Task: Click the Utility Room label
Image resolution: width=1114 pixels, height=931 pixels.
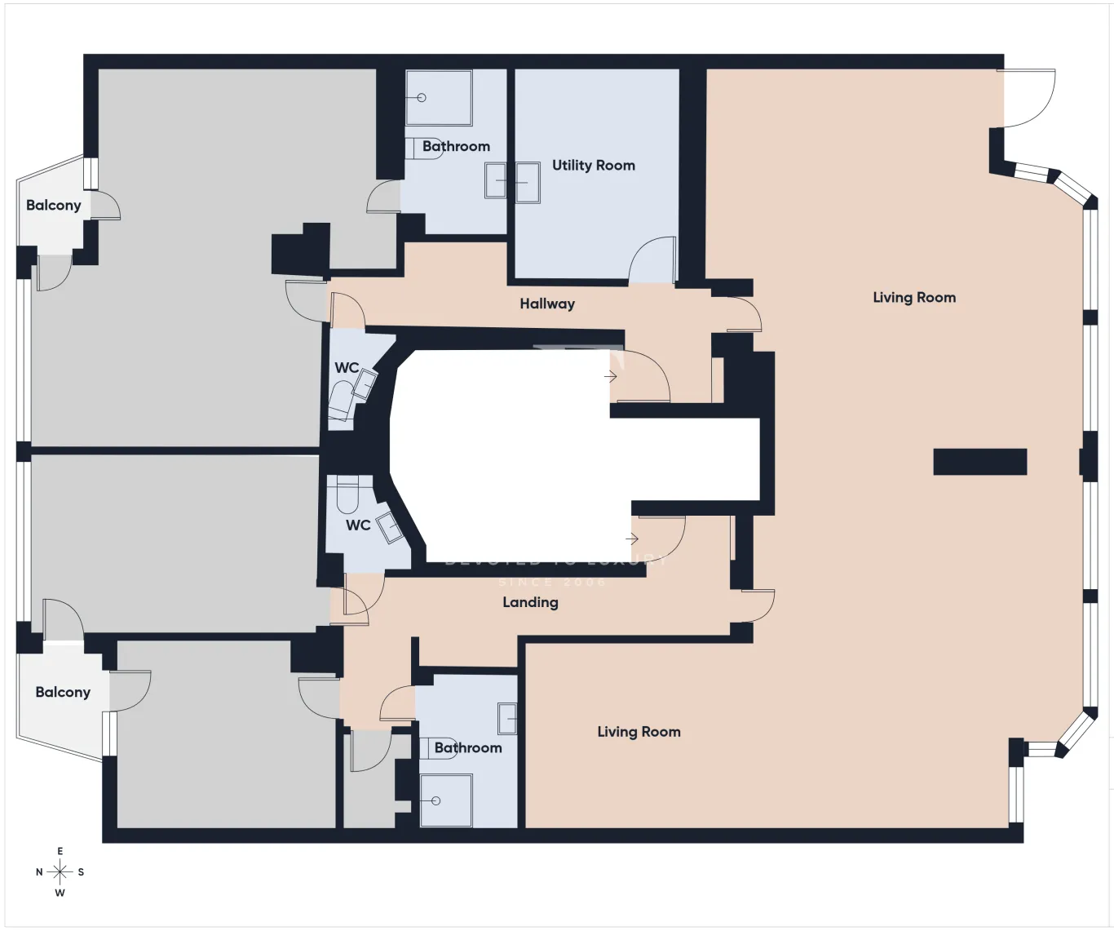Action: (x=593, y=166)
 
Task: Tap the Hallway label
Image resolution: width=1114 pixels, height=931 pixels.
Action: (x=547, y=304)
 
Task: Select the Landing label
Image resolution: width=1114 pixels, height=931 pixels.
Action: (x=530, y=602)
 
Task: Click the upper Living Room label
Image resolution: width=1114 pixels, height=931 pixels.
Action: (x=914, y=298)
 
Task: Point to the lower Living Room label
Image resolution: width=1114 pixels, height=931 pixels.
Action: (x=639, y=732)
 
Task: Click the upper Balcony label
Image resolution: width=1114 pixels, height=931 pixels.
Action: (x=54, y=205)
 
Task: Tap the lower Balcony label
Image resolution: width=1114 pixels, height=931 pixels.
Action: (x=63, y=692)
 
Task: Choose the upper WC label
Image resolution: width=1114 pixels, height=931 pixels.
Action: (x=347, y=368)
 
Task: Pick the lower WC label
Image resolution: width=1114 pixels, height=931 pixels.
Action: (x=358, y=525)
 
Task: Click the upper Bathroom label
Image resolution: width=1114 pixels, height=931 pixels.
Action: (x=456, y=147)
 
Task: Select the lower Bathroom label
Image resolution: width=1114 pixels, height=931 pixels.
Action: (x=468, y=747)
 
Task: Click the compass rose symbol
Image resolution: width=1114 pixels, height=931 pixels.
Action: (x=60, y=872)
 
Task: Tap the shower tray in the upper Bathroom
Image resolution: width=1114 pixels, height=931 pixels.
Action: (x=439, y=98)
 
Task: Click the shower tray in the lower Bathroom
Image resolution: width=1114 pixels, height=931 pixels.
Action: (x=445, y=800)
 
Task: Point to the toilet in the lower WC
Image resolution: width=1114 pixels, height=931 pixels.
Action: (x=348, y=495)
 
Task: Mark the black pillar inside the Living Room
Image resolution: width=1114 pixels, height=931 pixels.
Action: (x=979, y=462)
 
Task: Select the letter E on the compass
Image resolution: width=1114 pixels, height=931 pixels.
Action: (x=60, y=852)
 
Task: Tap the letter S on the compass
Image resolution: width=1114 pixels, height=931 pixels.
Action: (x=81, y=872)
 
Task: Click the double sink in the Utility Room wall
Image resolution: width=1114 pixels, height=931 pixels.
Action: (x=512, y=181)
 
